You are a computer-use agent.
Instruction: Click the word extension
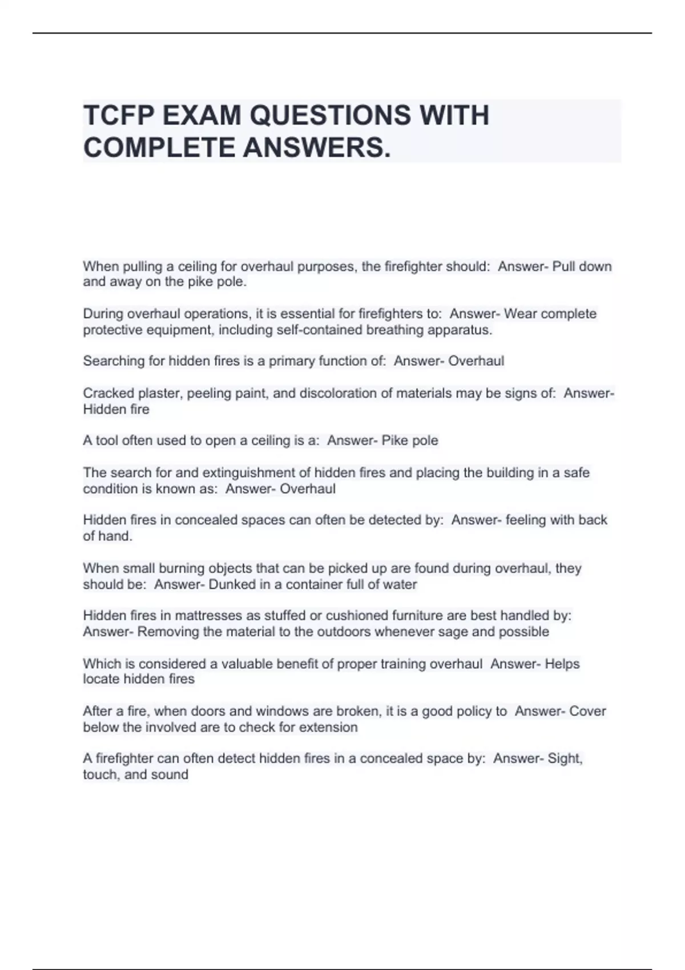[x=331, y=727]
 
